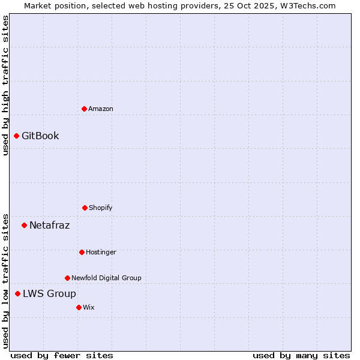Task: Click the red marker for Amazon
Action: [x=84, y=109]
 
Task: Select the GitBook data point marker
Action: [x=16, y=136]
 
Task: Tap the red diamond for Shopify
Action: [x=85, y=208]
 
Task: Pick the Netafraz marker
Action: [x=24, y=225]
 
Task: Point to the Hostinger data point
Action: [x=82, y=252]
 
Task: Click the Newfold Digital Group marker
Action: [x=67, y=278]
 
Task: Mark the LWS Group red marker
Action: [x=17, y=293]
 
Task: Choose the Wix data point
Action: [x=79, y=307]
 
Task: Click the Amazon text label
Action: [x=101, y=109]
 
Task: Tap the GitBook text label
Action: [x=40, y=136]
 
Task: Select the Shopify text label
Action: [x=101, y=208]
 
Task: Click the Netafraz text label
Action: [x=49, y=226]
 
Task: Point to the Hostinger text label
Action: [x=101, y=252]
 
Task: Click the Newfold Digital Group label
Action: [x=106, y=278]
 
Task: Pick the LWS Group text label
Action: [x=49, y=293]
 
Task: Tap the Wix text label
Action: [x=89, y=307]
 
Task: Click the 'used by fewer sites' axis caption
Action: [x=62, y=355]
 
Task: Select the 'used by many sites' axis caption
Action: [x=301, y=355]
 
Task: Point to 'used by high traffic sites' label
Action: [x=5, y=85]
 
